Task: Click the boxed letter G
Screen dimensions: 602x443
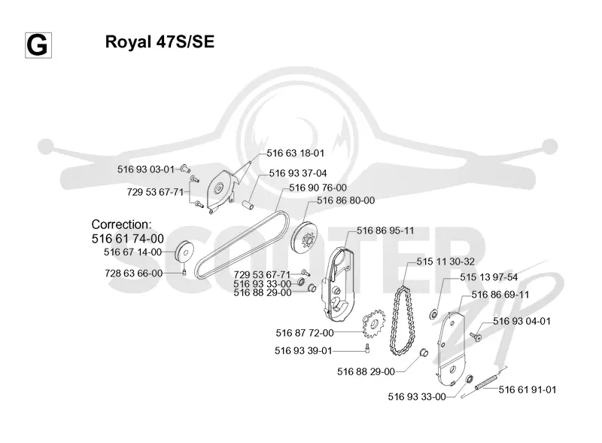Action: pyautogui.click(x=38, y=46)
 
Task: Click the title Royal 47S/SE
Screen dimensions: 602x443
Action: pyautogui.click(x=160, y=41)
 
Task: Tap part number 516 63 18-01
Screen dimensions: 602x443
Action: pyautogui.click(x=295, y=153)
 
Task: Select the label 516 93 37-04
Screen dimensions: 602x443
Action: pyautogui.click(x=298, y=173)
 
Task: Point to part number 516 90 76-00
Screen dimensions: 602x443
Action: pyautogui.click(x=318, y=188)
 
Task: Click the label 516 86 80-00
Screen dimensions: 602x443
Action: pyautogui.click(x=346, y=200)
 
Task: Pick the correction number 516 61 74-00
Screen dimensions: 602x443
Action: pyautogui.click(x=128, y=239)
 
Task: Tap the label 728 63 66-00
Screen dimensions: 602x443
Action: pyautogui.click(x=134, y=273)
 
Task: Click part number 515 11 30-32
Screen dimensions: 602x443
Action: pyautogui.click(x=445, y=262)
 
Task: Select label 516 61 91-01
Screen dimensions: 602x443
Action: pyautogui.click(x=528, y=390)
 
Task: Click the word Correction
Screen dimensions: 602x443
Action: pyautogui.click(x=121, y=225)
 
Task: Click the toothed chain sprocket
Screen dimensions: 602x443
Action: pyautogui.click(x=373, y=322)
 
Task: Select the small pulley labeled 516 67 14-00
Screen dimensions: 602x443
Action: pyautogui.click(x=184, y=252)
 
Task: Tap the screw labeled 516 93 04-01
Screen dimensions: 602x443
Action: pyautogui.click(x=476, y=337)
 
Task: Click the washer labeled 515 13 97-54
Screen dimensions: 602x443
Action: pyautogui.click(x=433, y=315)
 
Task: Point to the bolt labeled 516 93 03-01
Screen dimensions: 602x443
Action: pyautogui.click(x=185, y=169)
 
